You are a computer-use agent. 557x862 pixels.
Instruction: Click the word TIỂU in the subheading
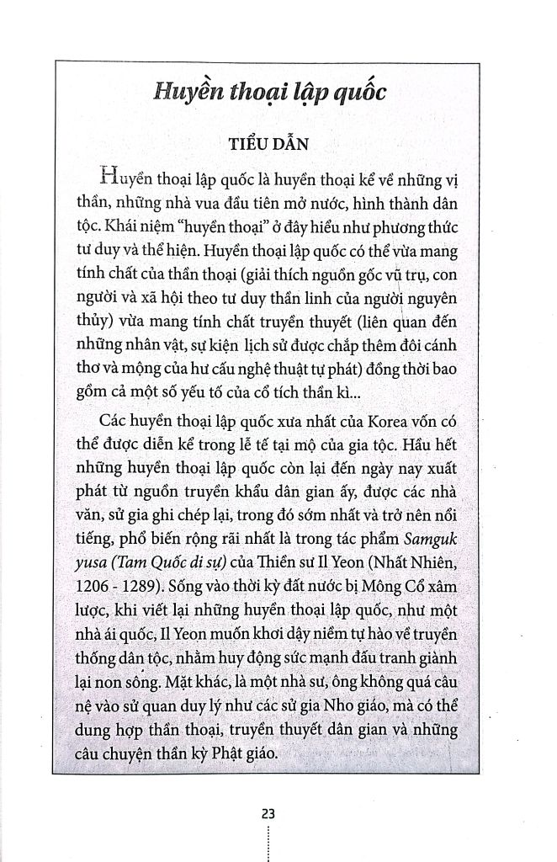click(x=249, y=143)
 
